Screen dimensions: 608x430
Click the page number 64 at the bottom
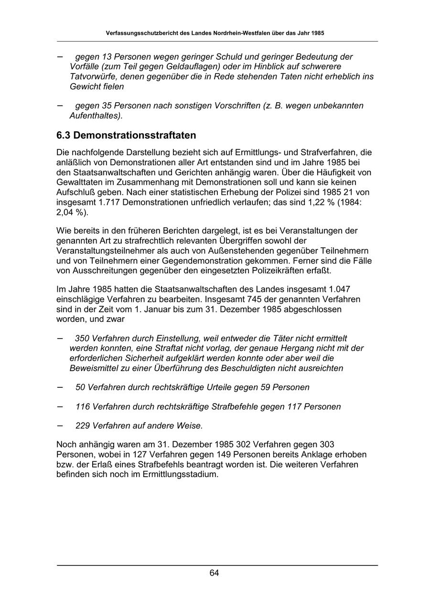[214, 573]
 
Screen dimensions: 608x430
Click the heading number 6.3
[64, 136]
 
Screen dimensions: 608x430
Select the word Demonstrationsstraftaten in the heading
[135, 136]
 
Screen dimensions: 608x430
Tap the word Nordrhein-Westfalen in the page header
[231, 33]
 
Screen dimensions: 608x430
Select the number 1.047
[340, 289]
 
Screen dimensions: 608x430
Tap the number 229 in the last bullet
[83, 426]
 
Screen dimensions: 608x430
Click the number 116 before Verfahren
[83, 407]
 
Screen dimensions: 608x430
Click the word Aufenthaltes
[93, 116]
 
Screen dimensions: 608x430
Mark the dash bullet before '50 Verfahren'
[60, 387]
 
